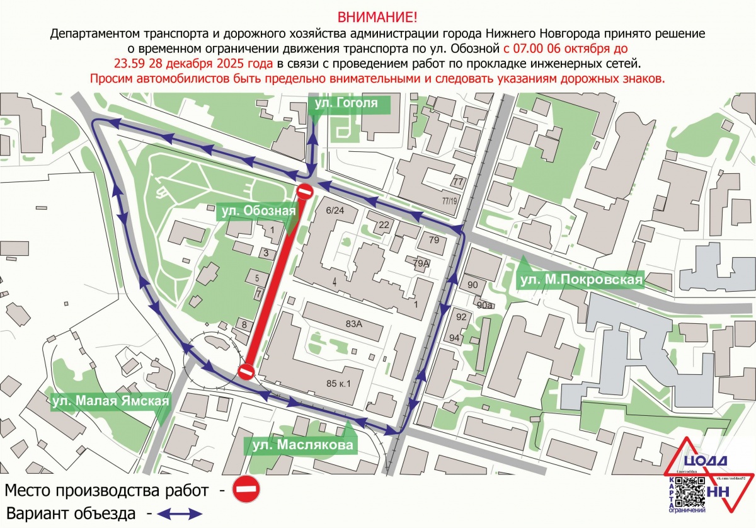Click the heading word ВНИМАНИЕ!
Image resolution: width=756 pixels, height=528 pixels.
tap(377, 16)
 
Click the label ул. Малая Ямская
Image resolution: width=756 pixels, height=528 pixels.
tap(112, 401)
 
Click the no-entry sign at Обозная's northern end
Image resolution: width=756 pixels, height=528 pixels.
tap(305, 192)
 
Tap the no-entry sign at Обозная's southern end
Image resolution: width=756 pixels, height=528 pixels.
tap(246, 371)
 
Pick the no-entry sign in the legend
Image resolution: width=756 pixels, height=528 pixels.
tap(246, 488)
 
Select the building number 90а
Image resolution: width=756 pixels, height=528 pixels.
tap(484, 305)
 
